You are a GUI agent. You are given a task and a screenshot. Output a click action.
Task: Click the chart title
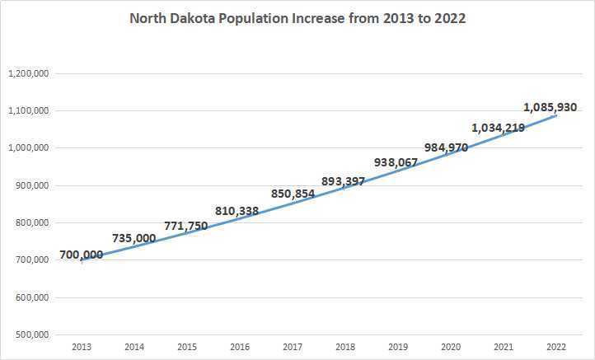coord(297,18)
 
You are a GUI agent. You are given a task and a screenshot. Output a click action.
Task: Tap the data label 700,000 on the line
coord(82,255)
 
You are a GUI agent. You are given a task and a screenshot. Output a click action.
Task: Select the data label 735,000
coord(133,238)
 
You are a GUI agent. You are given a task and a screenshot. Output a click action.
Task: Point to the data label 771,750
coord(185,225)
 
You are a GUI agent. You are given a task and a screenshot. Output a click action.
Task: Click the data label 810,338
coord(237,211)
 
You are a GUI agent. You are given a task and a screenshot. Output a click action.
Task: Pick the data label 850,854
coord(293,194)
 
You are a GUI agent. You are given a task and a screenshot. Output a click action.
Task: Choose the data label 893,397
coord(343,181)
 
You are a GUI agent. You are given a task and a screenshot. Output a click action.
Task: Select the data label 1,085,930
coord(550,107)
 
